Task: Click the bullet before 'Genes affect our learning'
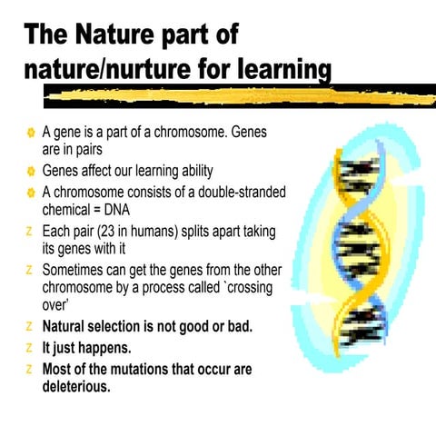(x=29, y=171)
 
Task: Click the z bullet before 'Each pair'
(x=30, y=230)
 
